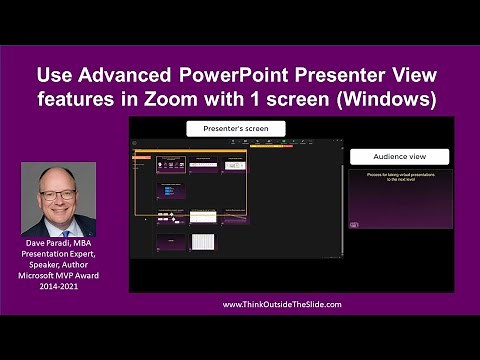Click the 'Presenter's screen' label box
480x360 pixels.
coord(236,128)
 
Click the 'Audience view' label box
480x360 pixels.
coord(399,156)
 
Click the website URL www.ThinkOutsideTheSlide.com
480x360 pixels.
coord(281,304)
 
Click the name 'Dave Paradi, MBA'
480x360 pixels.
coord(58,243)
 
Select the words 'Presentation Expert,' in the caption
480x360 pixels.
coord(58,255)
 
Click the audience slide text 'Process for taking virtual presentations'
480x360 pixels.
coord(399,175)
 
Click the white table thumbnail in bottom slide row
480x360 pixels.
coord(203,242)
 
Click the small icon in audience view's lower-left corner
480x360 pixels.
coord(354,225)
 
